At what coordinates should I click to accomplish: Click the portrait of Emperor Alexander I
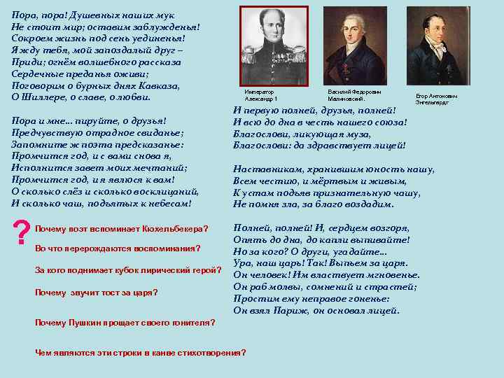[x=274, y=46]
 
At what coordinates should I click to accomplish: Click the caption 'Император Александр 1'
[x=262, y=95]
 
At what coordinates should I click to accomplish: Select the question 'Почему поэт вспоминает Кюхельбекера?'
[x=121, y=229]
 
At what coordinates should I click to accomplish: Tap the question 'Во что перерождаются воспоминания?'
[x=117, y=248]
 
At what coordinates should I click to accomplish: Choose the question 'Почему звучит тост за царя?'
[x=96, y=292]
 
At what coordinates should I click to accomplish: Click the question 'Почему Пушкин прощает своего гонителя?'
[x=125, y=323]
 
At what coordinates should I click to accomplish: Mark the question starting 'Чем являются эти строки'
[x=140, y=352]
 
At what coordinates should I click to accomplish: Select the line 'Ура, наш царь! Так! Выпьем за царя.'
[x=321, y=263]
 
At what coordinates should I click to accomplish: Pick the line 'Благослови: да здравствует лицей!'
[x=319, y=146]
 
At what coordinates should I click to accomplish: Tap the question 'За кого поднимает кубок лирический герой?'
[x=128, y=270]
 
